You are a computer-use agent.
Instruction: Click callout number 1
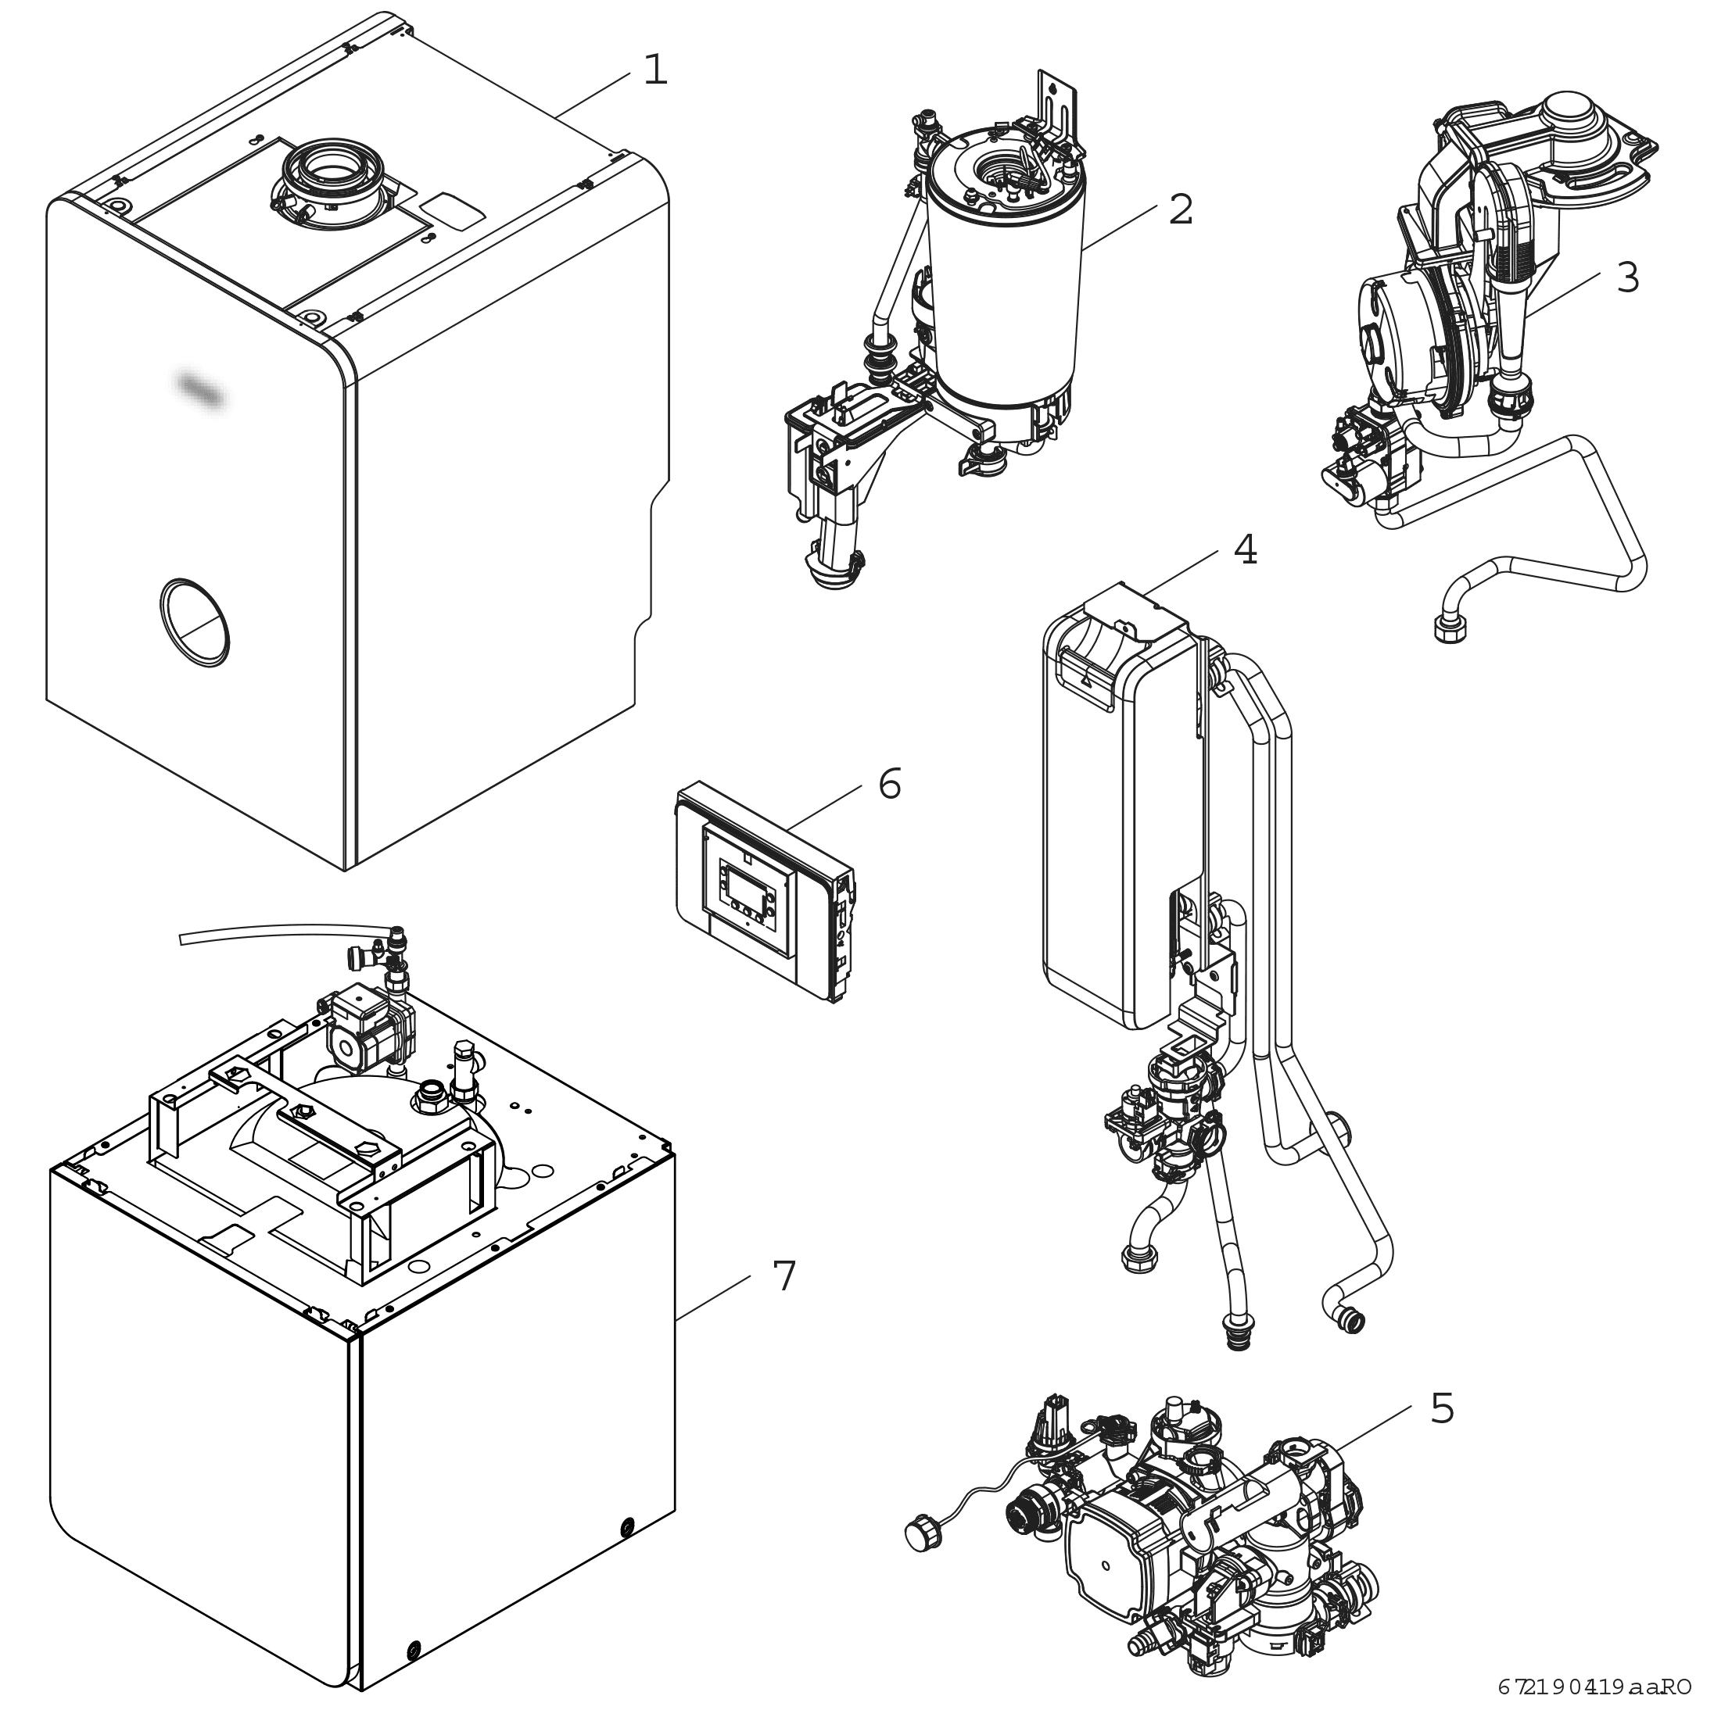point(654,71)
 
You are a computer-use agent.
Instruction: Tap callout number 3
point(1626,278)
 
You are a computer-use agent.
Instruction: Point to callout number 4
point(1245,551)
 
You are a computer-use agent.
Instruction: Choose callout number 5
point(1442,1408)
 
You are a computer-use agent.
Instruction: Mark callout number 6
point(889,784)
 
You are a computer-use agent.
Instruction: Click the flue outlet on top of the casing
point(331,173)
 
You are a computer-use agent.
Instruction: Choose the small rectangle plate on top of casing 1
point(453,210)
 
